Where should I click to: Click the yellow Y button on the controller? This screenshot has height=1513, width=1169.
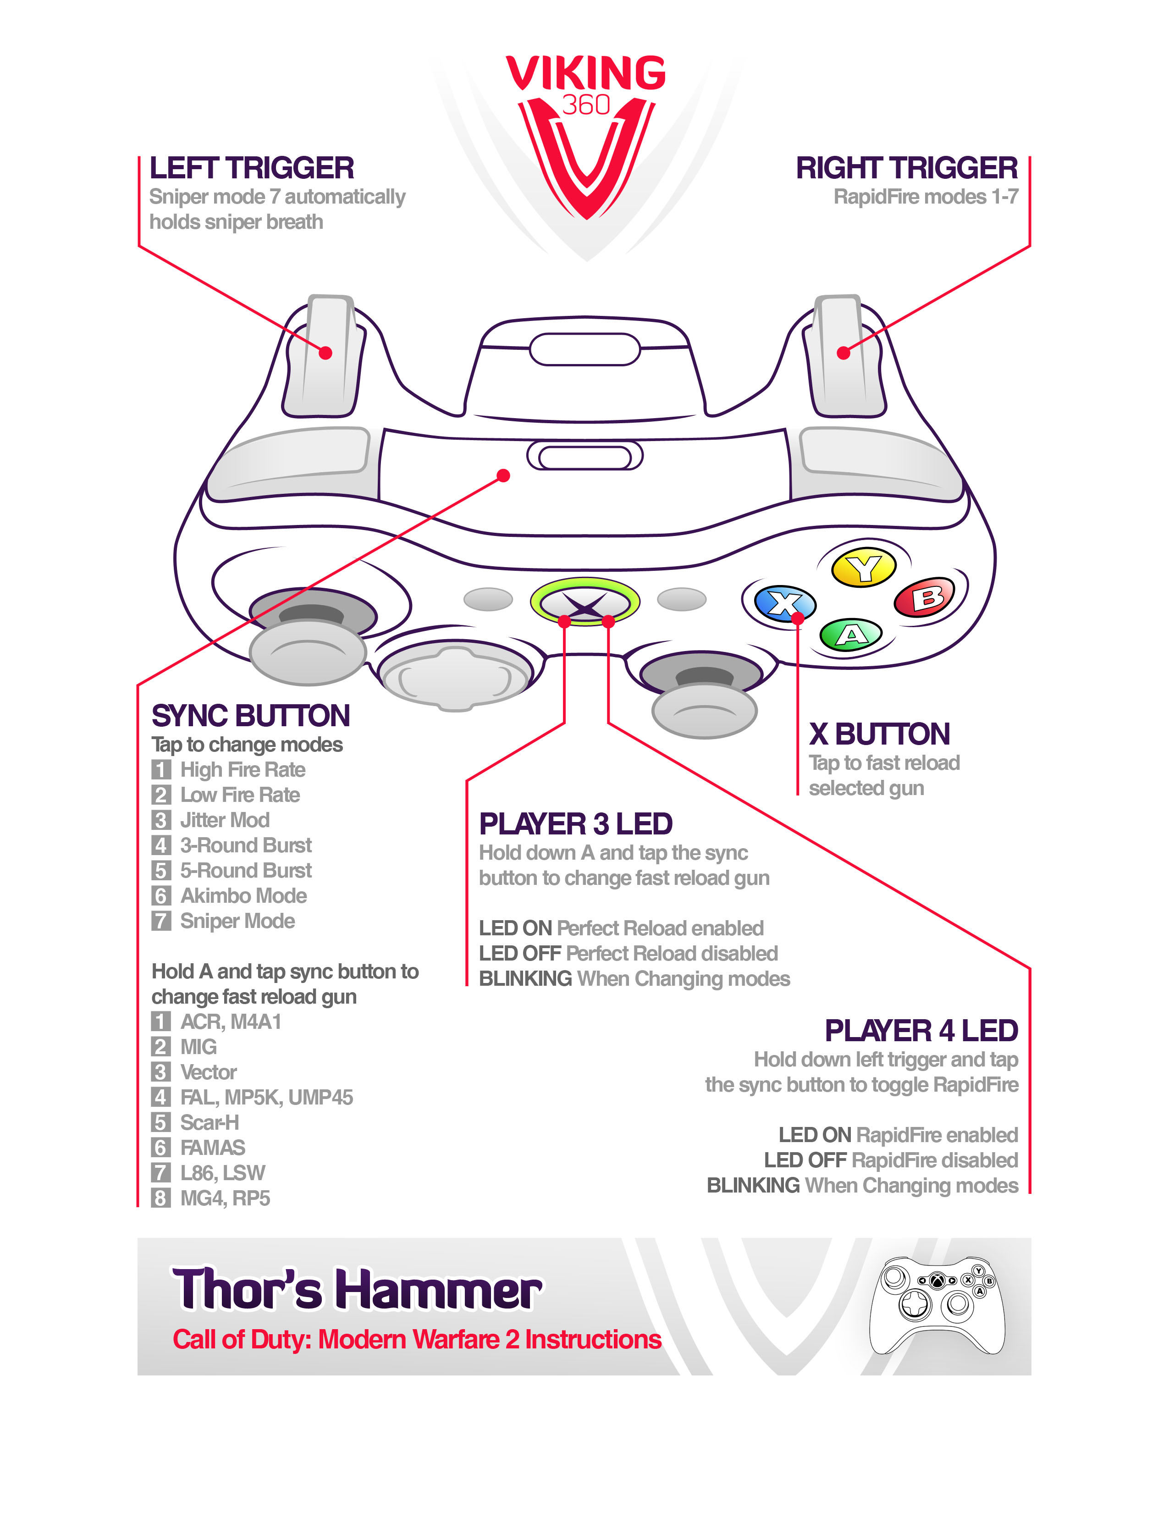pyautogui.click(x=864, y=568)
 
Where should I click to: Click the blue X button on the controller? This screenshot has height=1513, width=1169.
pyautogui.click(x=785, y=603)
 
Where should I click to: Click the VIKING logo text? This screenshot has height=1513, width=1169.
pyautogui.click(x=586, y=73)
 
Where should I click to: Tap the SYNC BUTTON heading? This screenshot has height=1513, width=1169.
pyautogui.click(x=251, y=716)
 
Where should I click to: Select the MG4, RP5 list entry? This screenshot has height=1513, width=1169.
pyautogui.click(x=225, y=1198)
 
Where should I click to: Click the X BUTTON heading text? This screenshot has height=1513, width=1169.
pyautogui.click(x=880, y=734)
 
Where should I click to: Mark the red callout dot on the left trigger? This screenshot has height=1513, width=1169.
pyautogui.click(x=325, y=353)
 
